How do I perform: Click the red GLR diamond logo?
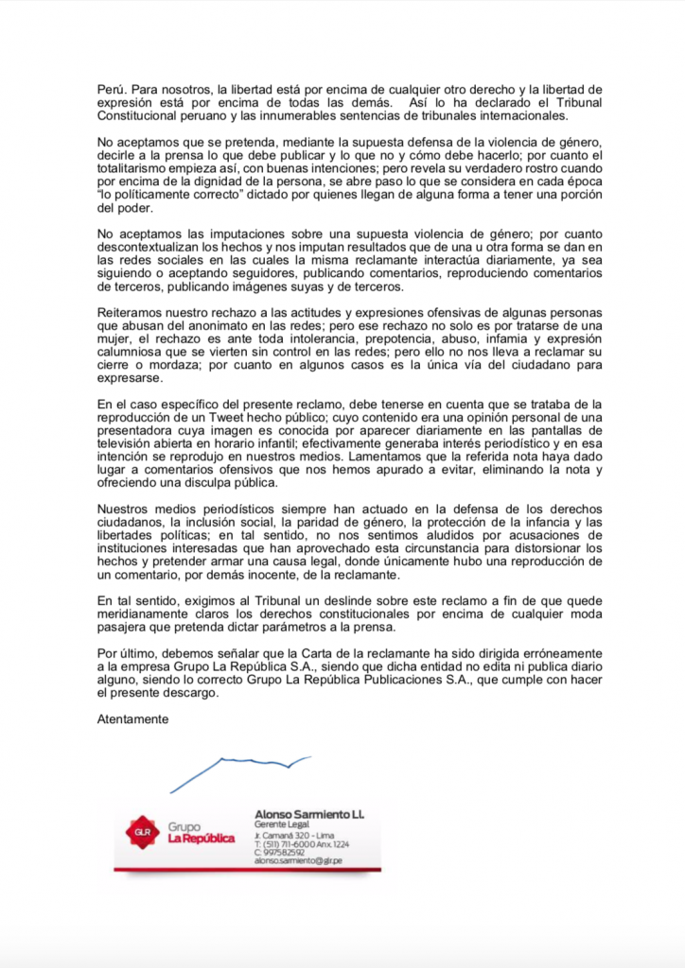click(142, 831)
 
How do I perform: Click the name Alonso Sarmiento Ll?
click(309, 814)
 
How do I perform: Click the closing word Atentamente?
click(132, 717)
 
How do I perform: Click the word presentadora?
click(142, 430)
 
